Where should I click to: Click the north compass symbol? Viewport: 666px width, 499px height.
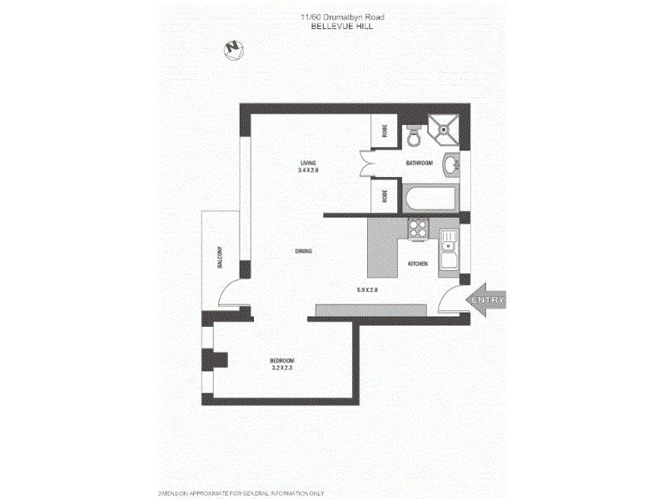[x=233, y=50]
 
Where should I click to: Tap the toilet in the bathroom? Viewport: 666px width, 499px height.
[x=414, y=135]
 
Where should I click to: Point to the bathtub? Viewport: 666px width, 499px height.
[x=430, y=200]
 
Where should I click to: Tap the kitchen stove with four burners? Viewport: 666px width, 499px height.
[x=417, y=228]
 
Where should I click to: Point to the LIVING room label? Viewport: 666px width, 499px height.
[x=309, y=162]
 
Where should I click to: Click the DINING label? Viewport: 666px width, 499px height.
[x=303, y=251]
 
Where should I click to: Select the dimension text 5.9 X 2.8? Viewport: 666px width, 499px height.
[x=367, y=289]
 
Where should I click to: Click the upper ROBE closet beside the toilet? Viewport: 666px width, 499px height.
[x=385, y=131]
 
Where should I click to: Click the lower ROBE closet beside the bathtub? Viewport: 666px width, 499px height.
[x=385, y=196]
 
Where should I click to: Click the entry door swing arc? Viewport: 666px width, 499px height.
[x=450, y=299]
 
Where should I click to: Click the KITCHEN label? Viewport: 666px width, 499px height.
[x=417, y=264]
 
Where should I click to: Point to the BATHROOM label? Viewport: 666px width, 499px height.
[x=419, y=163]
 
